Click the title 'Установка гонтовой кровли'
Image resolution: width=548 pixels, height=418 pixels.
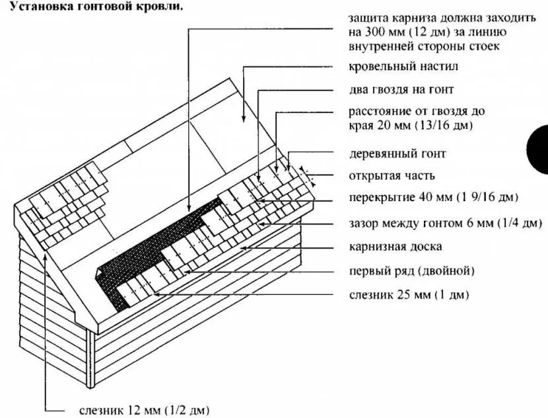[92, 7]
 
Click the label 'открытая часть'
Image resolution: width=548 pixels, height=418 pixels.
[392, 176]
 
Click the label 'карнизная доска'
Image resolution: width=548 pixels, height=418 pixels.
[395, 247]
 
